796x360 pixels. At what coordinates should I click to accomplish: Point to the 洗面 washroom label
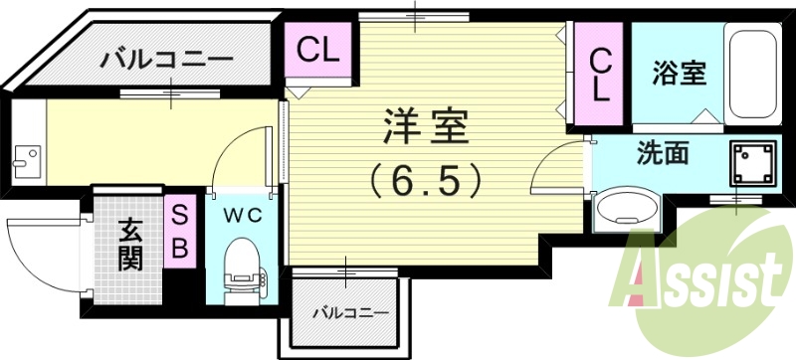click(663, 154)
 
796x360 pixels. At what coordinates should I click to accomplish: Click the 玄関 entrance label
click(130, 245)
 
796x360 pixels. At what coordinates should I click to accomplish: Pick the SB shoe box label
click(180, 232)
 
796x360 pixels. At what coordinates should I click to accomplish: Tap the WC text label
click(240, 214)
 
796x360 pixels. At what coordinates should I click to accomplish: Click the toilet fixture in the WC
click(241, 267)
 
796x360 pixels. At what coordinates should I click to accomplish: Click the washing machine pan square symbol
click(751, 161)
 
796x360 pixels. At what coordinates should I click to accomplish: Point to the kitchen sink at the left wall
click(28, 156)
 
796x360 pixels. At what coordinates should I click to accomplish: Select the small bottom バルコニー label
click(349, 313)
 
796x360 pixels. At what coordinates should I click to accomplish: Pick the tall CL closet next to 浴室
click(600, 75)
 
